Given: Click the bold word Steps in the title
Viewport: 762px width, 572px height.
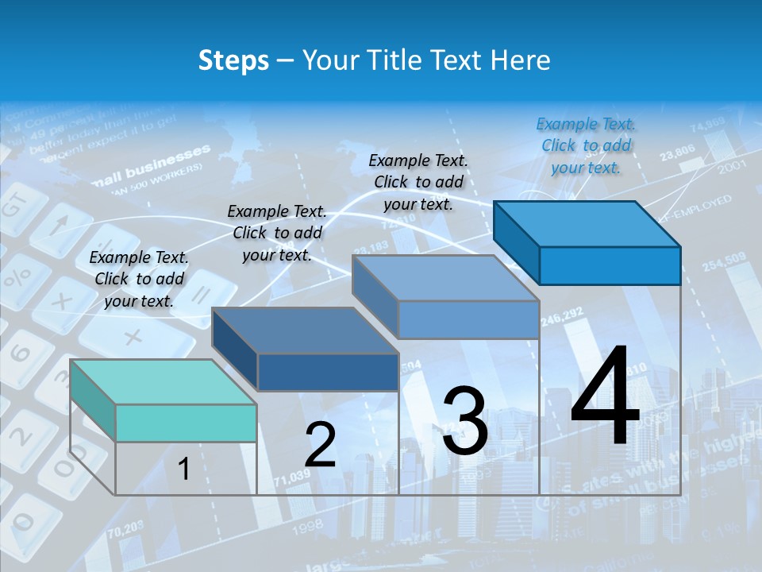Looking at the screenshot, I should point(233,60).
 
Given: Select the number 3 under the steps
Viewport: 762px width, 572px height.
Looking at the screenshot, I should point(465,421).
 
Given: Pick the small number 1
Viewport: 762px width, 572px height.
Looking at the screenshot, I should point(183,470).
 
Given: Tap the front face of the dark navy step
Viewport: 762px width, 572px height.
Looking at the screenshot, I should point(328,372).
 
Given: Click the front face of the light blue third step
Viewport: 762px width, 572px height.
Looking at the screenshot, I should point(468,320).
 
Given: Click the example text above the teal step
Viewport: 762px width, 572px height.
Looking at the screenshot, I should point(139,279).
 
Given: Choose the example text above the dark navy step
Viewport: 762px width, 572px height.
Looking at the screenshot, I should point(277,233).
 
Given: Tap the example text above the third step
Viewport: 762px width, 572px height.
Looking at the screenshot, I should point(418,182).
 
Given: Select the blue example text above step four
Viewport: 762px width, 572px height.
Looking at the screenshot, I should point(586,145).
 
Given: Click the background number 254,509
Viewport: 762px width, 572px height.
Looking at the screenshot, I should point(724,258).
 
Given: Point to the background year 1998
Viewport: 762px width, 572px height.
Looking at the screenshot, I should point(308,525).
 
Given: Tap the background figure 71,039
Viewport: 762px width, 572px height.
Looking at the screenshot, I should point(292,478).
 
